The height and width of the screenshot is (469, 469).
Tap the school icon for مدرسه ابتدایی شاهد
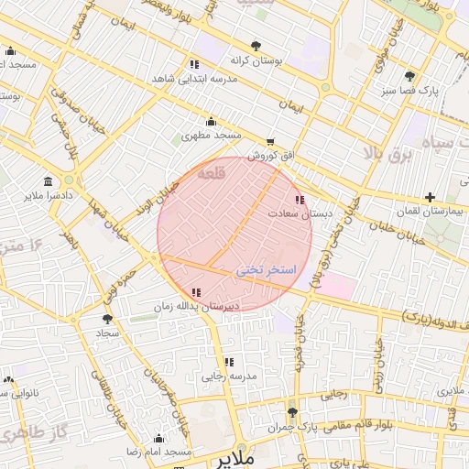point(194,63)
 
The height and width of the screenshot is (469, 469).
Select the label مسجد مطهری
point(211,135)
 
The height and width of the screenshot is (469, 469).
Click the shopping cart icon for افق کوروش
point(269,142)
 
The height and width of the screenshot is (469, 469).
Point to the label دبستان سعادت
point(300,213)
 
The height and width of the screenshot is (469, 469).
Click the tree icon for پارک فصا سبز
point(409,77)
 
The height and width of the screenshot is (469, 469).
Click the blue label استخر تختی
point(267,270)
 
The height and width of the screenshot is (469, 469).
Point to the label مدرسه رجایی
point(230,376)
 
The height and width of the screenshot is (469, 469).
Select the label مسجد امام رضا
point(159,453)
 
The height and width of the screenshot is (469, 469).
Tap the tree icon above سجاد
point(108,320)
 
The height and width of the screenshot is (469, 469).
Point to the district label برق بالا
point(388,155)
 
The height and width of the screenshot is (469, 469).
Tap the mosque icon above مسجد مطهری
point(211,121)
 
